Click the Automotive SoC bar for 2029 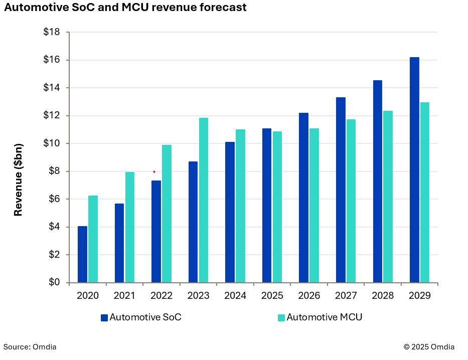(414, 170)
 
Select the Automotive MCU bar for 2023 (204, 200)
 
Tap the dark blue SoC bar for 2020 (82, 254)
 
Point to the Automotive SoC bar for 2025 (267, 206)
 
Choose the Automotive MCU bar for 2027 (351, 201)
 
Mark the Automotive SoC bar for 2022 (156, 231)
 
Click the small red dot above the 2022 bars (154, 172)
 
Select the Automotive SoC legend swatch (104, 317)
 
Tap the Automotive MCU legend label (324, 317)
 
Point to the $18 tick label (52, 32)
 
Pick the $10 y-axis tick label (52, 143)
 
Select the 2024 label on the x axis (235, 296)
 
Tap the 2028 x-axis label (383, 296)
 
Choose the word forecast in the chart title (221, 8)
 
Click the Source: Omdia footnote (30, 347)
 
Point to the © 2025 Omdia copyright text (429, 347)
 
